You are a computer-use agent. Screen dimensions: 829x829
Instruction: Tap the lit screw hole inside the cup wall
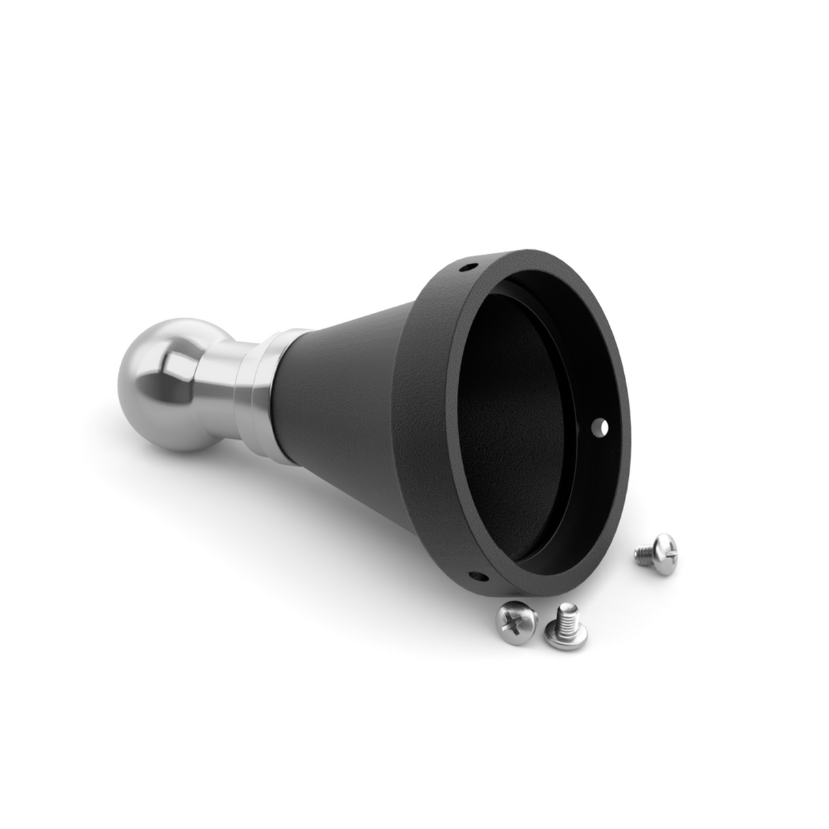coord(602,427)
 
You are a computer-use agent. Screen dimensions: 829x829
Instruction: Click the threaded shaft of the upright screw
coord(565,616)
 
